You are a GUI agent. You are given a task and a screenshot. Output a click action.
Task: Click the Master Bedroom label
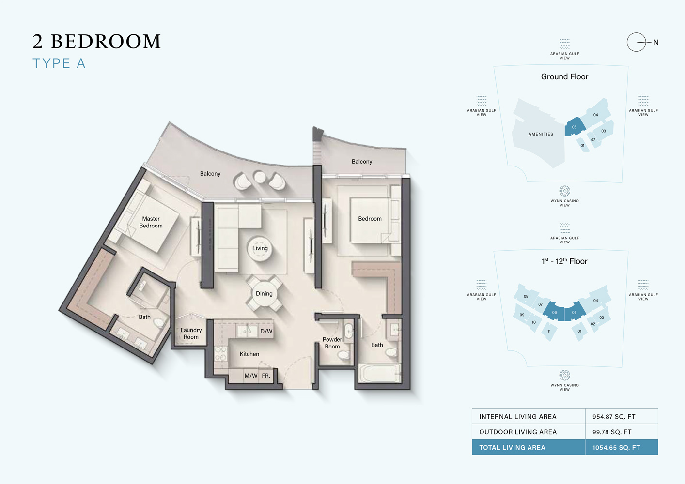151,222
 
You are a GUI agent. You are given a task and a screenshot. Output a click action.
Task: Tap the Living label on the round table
260,248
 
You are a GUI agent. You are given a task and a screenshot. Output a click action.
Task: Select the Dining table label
264,294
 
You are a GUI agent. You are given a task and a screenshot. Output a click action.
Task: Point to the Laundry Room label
191,333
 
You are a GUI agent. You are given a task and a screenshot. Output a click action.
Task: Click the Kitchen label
249,354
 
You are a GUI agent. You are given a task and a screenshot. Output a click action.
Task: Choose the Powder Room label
332,343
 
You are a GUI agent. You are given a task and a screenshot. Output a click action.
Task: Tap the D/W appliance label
266,332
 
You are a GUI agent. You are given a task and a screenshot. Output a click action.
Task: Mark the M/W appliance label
250,376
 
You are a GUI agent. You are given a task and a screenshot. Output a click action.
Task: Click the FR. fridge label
266,376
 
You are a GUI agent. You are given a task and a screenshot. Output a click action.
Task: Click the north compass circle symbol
636,42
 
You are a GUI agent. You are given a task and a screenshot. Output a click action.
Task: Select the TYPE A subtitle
59,63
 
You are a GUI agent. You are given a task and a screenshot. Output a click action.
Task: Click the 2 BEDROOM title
96,42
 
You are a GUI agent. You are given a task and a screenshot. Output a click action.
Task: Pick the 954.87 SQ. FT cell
613,417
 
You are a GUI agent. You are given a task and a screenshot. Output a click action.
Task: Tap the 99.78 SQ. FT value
611,432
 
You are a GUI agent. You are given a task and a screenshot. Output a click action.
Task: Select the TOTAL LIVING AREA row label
512,448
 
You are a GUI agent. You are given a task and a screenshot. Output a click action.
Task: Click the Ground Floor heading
564,76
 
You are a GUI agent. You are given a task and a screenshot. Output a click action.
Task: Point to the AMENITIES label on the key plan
541,134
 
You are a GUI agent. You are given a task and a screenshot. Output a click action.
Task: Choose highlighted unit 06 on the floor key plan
554,313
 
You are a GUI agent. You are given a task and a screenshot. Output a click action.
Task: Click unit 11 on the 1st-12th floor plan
549,332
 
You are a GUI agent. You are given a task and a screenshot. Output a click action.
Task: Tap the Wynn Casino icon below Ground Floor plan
564,191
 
